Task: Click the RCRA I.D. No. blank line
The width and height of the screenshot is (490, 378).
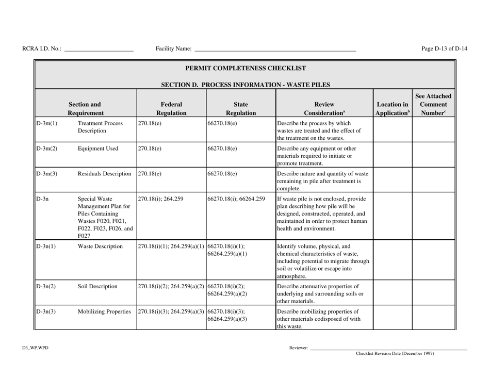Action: [99, 50]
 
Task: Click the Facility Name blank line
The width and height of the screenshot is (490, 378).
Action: [274, 50]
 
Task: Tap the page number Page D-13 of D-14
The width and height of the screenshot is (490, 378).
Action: [444, 49]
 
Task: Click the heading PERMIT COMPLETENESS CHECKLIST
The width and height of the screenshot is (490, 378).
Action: [246, 68]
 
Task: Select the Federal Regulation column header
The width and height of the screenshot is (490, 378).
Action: [170, 103]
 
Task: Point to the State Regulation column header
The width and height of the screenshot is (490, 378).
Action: [240, 103]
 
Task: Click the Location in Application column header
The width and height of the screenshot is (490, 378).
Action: [391, 103]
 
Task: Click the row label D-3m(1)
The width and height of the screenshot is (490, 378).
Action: [46, 124]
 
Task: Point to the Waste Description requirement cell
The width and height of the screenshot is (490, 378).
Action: [100, 246]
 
